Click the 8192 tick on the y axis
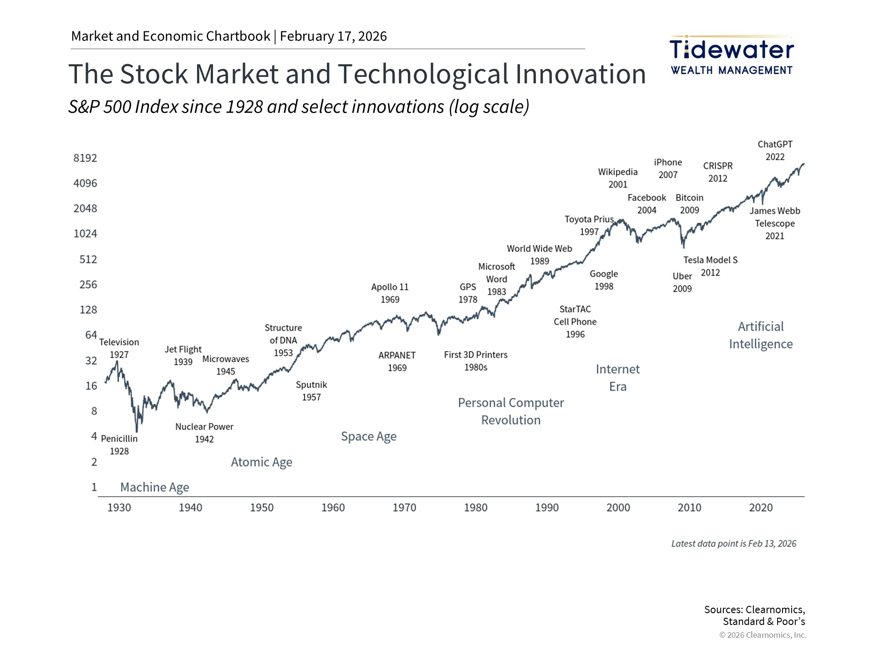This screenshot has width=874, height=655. pyautogui.click(x=85, y=158)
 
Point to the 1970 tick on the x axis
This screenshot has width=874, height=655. pyautogui.click(x=404, y=508)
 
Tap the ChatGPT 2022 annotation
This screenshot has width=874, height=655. pyautogui.click(x=775, y=151)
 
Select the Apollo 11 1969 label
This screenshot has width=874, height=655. pyautogui.click(x=390, y=293)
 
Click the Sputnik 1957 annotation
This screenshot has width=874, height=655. pyautogui.click(x=311, y=391)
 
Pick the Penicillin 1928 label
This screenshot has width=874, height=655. pyautogui.click(x=119, y=445)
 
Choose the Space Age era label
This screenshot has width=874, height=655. pyautogui.click(x=369, y=437)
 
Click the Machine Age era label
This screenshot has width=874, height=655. pyautogui.click(x=155, y=487)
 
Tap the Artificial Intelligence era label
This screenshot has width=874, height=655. pyautogui.click(x=761, y=335)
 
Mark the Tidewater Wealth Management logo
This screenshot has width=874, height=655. pyautogui.click(x=732, y=55)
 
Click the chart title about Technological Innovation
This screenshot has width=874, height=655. pyautogui.click(x=357, y=74)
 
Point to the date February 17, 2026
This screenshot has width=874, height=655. pyautogui.click(x=333, y=36)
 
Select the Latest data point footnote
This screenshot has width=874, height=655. pyautogui.click(x=733, y=544)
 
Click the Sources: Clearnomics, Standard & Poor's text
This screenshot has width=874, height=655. pyautogui.click(x=754, y=615)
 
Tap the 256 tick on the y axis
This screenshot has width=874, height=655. pyautogui.click(x=88, y=285)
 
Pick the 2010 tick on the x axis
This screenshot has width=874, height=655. pyautogui.click(x=689, y=508)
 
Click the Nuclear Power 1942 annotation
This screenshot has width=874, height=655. pyautogui.click(x=204, y=433)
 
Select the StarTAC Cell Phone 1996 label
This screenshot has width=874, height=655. pyautogui.click(x=575, y=322)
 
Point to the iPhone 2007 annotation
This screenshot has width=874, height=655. pyautogui.click(x=668, y=169)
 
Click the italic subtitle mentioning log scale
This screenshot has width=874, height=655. pyautogui.click(x=299, y=107)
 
